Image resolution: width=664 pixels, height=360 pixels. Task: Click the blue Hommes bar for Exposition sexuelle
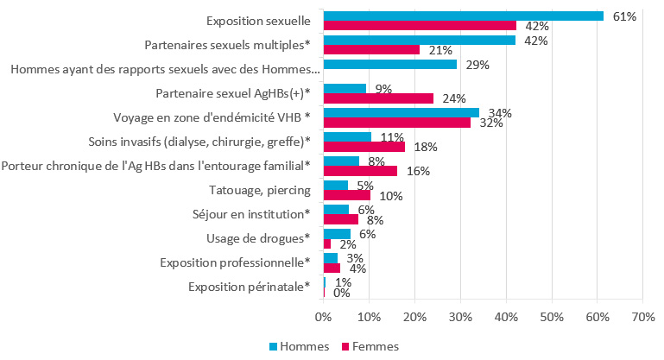[x=463, y=16]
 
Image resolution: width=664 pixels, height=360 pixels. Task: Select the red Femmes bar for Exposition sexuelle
[x=420, y=25]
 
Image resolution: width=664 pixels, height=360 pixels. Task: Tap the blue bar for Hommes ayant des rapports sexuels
[x=389, y=64]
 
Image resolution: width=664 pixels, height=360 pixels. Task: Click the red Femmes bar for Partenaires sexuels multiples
[x=371, y=49]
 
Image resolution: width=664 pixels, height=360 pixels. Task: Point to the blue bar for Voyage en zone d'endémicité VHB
[x=401, y=112]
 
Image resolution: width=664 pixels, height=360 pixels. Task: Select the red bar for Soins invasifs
[x=364, y=146]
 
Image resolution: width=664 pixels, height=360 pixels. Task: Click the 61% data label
[x=624, y=16]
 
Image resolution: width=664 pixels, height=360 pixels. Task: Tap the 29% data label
[x=478, y=65]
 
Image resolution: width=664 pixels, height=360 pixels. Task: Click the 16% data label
[x=419, y=171]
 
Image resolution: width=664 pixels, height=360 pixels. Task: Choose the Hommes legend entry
[x=298, y=346]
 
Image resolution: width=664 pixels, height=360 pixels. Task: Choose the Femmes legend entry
[x=370, y=346]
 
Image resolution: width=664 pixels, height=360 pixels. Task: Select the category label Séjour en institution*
[x=250, y=214]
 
